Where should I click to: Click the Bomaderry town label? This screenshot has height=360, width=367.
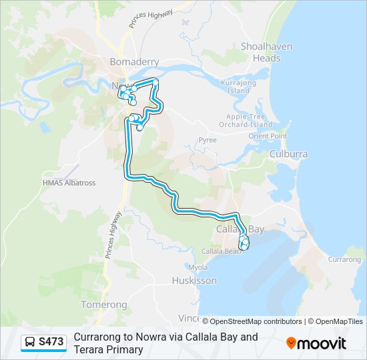134,62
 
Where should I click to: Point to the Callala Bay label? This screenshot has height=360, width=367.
240,229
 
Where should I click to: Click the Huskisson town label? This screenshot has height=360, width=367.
194,281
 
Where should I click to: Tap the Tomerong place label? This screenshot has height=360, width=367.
103,305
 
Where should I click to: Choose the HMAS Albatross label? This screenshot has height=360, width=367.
69,183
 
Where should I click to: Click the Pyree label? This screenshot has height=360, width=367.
208,141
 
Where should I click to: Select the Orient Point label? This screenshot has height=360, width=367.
268,136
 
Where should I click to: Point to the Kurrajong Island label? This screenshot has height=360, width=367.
238,86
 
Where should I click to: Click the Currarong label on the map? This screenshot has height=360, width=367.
344,259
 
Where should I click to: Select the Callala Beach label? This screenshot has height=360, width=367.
223,251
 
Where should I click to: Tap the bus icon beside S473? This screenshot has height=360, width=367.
30,343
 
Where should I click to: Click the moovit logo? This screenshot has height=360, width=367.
316,343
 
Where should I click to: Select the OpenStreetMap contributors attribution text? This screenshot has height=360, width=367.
256,321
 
